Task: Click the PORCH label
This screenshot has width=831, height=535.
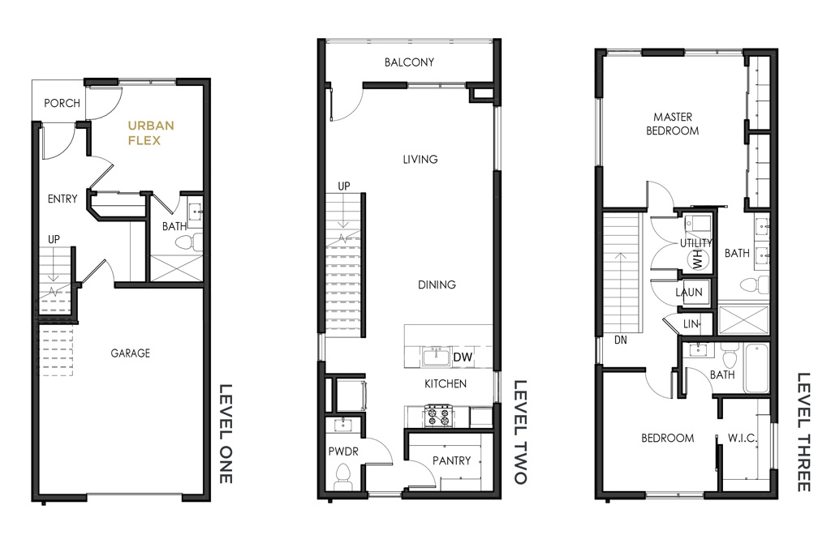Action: [62, 103]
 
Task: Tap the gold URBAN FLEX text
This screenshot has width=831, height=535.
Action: [151, 133]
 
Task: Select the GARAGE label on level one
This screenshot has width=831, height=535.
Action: [131, 353]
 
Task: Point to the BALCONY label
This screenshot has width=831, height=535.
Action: [409, 62]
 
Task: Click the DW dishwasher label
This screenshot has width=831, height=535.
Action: [463, 357]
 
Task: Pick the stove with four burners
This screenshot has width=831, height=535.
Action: [439, 416]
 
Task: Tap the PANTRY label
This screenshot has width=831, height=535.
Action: [451, 461]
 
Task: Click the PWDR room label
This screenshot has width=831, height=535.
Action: [343, 452]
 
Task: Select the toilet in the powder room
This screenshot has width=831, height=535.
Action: [343, 477]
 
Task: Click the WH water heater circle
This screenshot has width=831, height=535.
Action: [697, 260]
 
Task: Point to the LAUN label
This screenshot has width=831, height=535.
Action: [689, 292]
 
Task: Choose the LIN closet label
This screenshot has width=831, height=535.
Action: [691, 324]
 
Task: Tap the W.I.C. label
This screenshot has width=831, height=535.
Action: [742, 439]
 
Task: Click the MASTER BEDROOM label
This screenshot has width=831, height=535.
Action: [673, 124]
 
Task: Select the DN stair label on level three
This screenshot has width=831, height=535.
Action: [621, 340]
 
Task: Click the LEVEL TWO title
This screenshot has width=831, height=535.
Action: [520, 432]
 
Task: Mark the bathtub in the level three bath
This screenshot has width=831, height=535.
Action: [756, 368]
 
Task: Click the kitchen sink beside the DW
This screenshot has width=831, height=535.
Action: [436, 356]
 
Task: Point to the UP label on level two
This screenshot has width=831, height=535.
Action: [344, 186]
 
